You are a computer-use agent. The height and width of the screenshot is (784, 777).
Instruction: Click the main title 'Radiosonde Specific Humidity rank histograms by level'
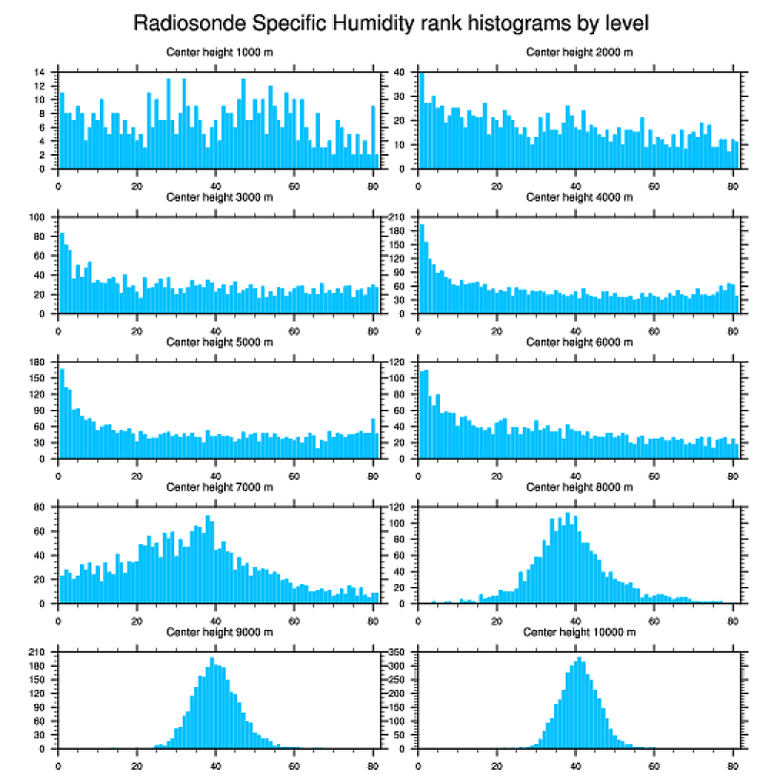388,22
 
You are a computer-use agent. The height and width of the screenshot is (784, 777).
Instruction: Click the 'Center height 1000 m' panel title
219,51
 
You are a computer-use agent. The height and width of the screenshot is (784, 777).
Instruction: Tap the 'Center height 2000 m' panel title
579,51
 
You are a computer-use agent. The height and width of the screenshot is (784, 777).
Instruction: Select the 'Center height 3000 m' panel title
219,197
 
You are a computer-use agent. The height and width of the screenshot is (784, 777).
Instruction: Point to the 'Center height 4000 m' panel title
579,197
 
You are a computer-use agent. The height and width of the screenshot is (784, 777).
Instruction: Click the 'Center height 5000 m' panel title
219,342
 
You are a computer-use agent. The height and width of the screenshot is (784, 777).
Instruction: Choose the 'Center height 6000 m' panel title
579,342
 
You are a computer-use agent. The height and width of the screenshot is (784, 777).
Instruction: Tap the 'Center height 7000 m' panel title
219,487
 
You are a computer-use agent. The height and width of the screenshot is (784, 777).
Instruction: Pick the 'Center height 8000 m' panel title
579,487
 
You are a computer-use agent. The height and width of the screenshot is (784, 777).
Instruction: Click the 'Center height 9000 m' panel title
219,632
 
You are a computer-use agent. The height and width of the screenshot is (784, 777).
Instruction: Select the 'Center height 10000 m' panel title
579,632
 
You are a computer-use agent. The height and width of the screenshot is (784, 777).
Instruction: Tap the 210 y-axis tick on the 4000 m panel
398,217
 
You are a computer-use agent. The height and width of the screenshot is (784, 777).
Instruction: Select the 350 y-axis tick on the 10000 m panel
398,653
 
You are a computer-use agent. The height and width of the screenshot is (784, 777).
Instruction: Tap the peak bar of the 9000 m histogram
211,703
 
